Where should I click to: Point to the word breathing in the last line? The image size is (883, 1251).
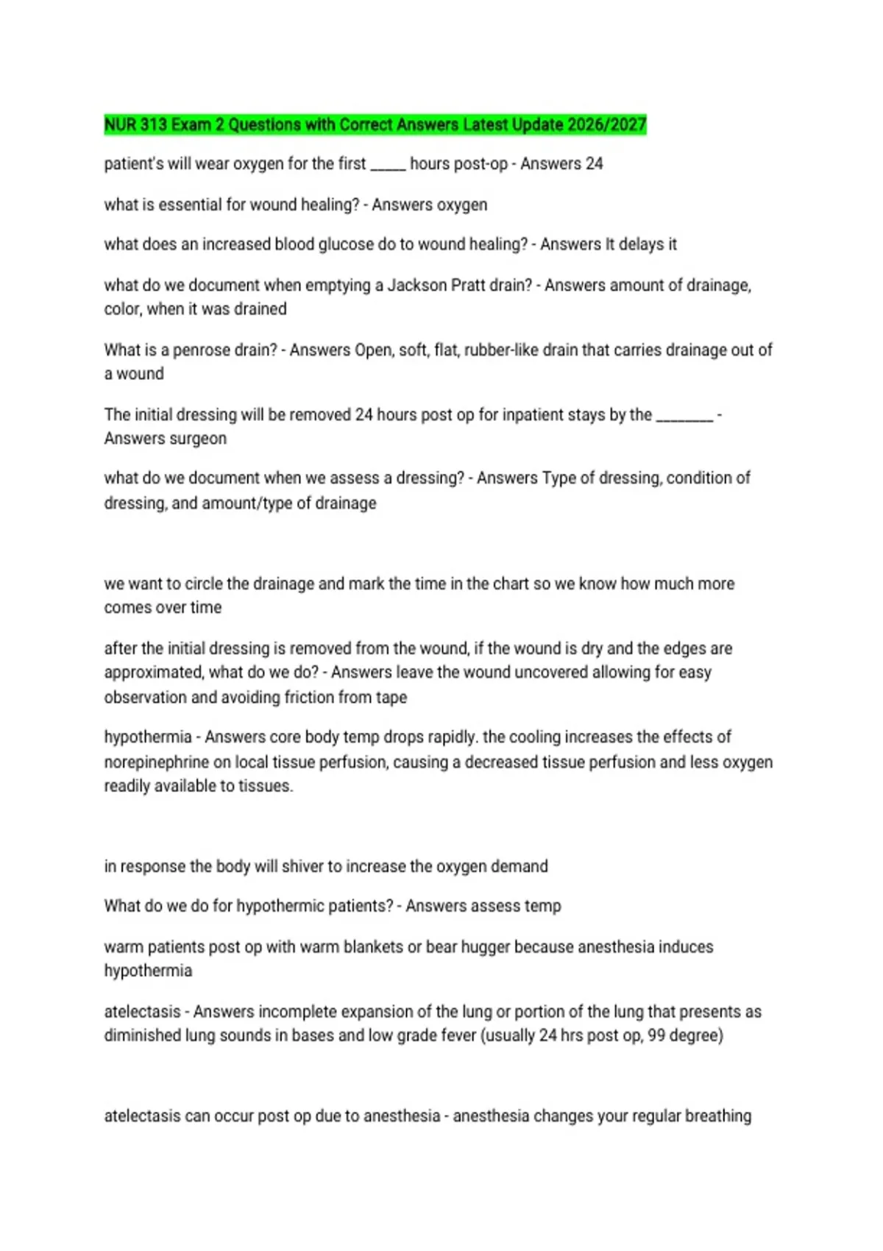pyautogui.click(x=717, y=1116)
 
